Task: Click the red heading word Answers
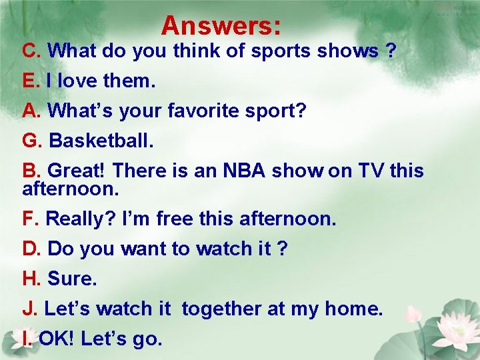coord(221,26)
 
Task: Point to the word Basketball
coord(101,141)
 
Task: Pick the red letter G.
coord(33,141)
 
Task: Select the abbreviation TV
coord(371,171)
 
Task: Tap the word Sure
coord(72,279)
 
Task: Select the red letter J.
coord(29,309)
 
